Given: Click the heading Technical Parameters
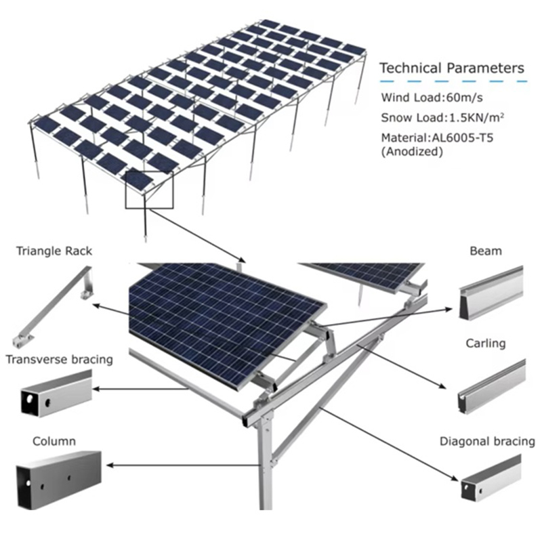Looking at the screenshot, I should click(451, 68).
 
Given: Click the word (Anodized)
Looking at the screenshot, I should click(412, 152).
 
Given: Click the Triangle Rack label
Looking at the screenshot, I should click(54, 251).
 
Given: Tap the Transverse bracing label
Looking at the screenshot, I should click(59, 359).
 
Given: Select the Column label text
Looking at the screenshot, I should click(54, 442).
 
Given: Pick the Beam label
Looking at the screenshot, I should click(486, 251).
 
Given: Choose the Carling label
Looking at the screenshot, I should click(486, 343).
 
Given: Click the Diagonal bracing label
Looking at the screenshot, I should click(488, 442).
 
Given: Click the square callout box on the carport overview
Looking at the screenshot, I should click(149, 190).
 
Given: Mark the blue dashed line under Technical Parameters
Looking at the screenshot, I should click(453, 82).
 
